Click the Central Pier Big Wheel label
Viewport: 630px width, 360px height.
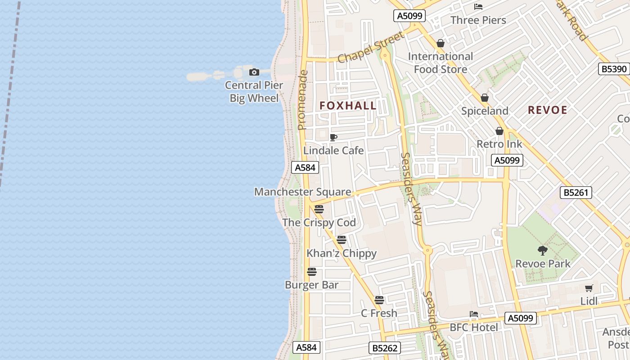tap(254, 91)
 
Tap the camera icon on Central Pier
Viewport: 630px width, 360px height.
tap(254, 72)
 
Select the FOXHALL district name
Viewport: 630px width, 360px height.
tap(348, 106)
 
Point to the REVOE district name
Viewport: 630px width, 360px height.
tap(547, 110)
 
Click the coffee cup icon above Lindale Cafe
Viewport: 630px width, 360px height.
tap(333, 137)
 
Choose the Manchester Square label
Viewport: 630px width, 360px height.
tap(302, 192)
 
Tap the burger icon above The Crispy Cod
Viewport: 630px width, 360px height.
tap(319, 209)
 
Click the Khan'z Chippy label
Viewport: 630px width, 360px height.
tap(342, 253)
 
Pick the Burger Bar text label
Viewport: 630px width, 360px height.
tap(311, 285)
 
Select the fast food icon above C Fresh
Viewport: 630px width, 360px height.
tap(379, 300)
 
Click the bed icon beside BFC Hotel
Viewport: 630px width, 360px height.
tap(473, 314)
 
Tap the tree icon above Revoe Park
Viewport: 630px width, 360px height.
tap(543, 250)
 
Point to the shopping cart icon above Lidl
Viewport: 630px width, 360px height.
tap(589, 288)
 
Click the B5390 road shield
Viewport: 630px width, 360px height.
tap(613, 69)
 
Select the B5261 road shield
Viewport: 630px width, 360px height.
tap(576, 193)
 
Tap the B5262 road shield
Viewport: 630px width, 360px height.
tap(385, 348)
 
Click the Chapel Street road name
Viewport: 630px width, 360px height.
tap(365, 49)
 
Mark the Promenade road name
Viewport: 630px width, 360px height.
tap(302, 100)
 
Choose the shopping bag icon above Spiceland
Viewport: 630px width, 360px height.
tap(485, 98)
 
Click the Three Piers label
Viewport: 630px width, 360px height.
tap(478, 20)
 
